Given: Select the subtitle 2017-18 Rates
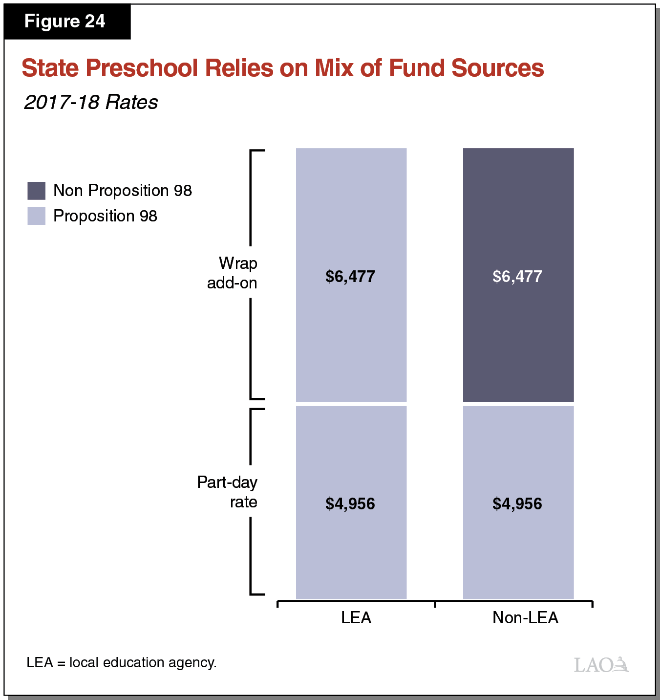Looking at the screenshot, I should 91,102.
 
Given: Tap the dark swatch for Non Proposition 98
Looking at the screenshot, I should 37,191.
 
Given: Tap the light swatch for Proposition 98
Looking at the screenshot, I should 37,216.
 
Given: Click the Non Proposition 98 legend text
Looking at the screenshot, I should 122,191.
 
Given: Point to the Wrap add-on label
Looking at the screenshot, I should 233,273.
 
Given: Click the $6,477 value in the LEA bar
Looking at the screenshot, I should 350,277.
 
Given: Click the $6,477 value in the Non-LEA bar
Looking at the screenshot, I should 517,277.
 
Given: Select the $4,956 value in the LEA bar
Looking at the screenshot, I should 350,504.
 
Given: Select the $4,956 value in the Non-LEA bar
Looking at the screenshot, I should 517,504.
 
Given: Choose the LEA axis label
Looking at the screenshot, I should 356,618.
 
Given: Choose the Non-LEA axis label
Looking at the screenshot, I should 525,618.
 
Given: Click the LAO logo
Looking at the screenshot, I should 601,665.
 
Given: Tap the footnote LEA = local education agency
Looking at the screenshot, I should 122,663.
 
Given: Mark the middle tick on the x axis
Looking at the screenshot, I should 435,604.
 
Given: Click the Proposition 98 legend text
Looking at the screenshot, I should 105,216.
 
